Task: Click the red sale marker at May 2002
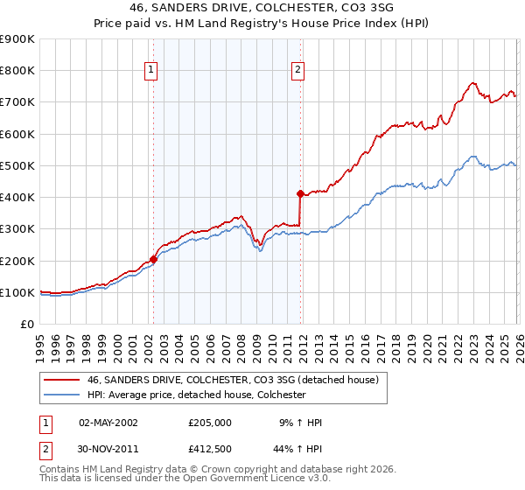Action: tap(153, 259)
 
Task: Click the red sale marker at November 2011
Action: tap(300, 193)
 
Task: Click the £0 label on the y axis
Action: tap(26, 325)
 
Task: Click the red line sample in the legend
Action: tap(62, 380)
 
